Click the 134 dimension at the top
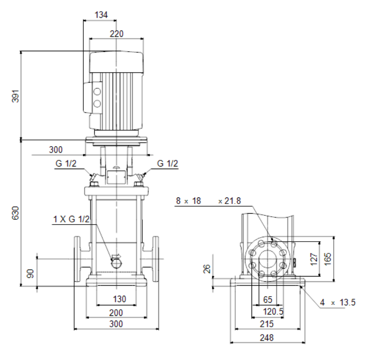click(x=101, y=15)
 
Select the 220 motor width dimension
click(x=116, y=34)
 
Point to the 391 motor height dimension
click(x=15, y=96)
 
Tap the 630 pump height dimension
click(x=15, y=213)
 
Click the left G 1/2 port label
click(x=66, y=163)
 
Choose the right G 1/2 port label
click(x=167, y=163)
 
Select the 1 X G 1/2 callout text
click(x=72, y=219)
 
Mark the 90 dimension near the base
click(x=30, y=273)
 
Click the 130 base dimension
click(x=120, y=299)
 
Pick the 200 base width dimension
click(x=116, y=313)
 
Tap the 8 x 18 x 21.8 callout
click(x=208, y=201)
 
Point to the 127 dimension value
click(x=314, y=259)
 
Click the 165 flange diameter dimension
click(x=328, y=259)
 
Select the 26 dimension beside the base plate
click(x=207, y=269)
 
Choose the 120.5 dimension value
click(x=273, y=312)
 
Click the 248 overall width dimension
click(x=266, y=338)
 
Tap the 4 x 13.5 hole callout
click(x=338, y=302)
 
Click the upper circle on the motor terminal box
click(x=97, y=92)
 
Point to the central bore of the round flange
click(x=267, y=259)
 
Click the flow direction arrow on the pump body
click(x=116, y=256)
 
